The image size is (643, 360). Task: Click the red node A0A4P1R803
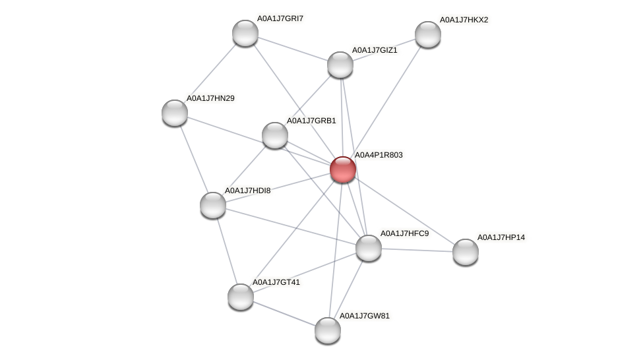[343, 169]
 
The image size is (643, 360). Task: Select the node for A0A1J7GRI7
[245, 33]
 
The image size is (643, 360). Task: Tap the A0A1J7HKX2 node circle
[427, 34]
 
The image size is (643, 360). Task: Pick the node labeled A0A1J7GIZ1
[340, 64]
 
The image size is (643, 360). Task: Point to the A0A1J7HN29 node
[175, 113]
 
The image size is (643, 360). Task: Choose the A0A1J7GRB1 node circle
[275, 135]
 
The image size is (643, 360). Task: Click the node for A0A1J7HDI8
[213, 204]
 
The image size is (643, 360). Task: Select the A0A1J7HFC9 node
[369, 247]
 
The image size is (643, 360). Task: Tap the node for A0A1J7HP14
[466, 251]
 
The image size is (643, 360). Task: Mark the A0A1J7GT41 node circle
[241, 296]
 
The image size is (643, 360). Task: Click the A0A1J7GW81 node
[328, 330]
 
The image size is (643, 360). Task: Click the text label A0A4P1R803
[379, 156]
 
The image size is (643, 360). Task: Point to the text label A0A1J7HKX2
[464, 20]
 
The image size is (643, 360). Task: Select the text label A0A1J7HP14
[501, 237]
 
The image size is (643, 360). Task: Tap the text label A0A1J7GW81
[364, 316]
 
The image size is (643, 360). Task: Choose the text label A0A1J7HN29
[210, 99]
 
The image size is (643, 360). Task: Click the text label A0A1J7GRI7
[280, 18]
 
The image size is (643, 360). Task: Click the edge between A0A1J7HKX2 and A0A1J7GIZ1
[384, 49]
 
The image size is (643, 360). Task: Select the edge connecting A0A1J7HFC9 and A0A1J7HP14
[417, 249]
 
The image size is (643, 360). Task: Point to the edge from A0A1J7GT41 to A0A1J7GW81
[284, 313]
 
